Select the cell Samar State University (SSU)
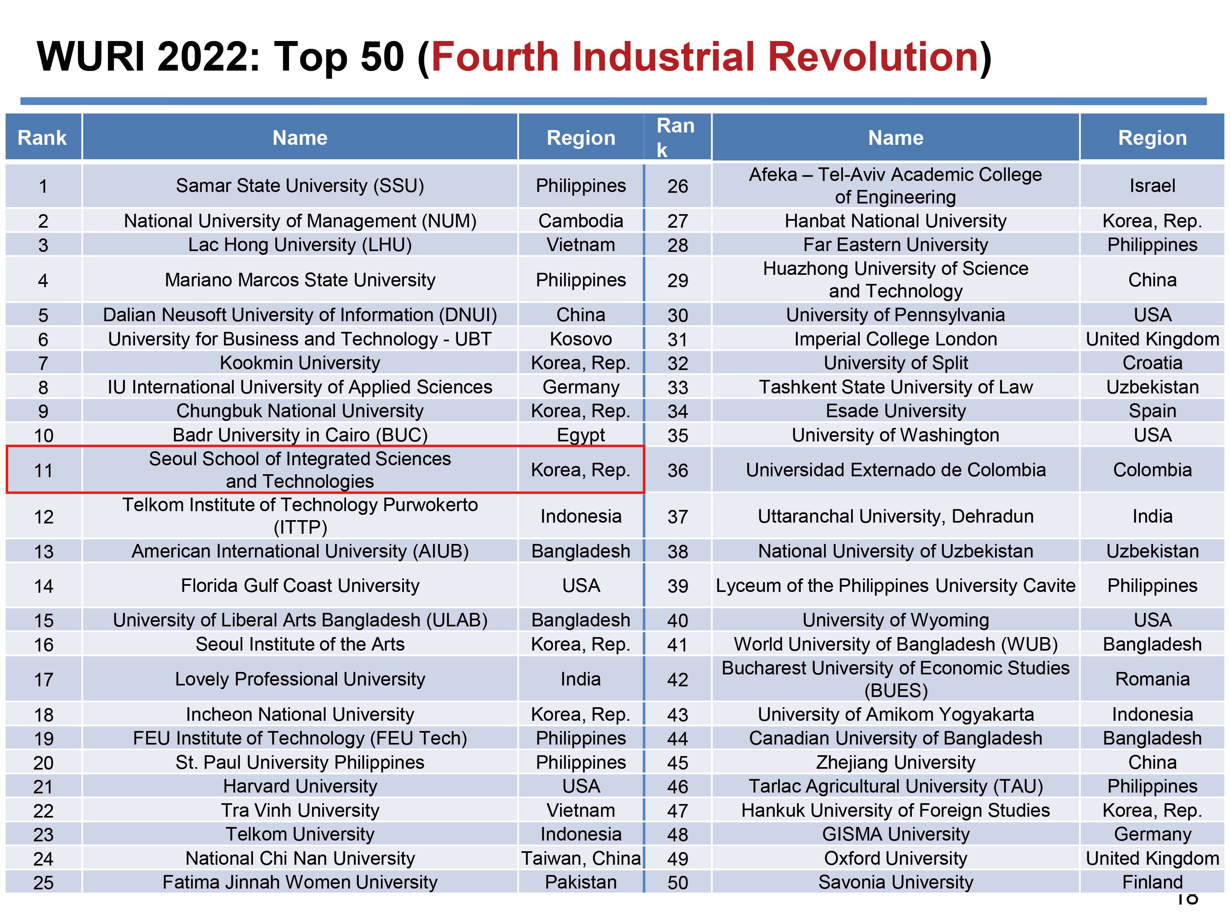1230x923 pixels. (300, 185)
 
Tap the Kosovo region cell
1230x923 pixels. (581, 339)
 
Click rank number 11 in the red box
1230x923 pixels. (43, 471)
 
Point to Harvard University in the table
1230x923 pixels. (300, 786)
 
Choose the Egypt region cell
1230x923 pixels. (581, 435)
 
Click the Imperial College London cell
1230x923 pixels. (895, 339)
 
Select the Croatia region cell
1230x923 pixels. (1152, 363)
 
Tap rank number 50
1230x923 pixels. (677, 882)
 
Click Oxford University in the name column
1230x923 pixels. (895, 859)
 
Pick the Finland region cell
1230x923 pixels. (1152, 882)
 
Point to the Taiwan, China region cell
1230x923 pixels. (581, 859)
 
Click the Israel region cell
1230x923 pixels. (1152, 185)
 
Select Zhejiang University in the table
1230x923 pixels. (895, 762)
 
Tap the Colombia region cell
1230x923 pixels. (1152, 470)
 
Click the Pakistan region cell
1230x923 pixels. (581, 882)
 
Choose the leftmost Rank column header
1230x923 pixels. (42, 137)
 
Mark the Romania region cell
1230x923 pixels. (1152, 679)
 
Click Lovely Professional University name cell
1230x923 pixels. (300, 679)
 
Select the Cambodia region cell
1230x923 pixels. (581, 221)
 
